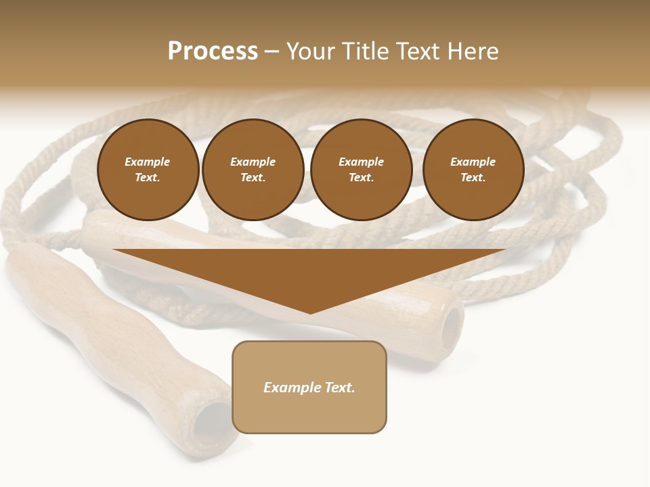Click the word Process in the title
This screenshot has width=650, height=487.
tap(213, 51)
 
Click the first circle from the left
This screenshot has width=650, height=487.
tap(148, 170)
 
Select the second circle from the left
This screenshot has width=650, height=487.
tap(253, 170)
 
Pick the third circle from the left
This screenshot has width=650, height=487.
tap(362, 170)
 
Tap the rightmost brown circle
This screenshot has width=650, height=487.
tap(473, 170)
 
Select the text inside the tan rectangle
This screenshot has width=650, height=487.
tap(309, 388)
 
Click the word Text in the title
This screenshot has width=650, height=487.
tap(416, 51)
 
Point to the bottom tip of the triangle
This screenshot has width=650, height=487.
tap(310, 312)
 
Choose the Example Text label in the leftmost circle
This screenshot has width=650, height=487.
tap(148, 170)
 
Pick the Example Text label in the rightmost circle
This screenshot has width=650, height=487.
tap(473, 170)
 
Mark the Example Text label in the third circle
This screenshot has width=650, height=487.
tap(362, 170)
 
